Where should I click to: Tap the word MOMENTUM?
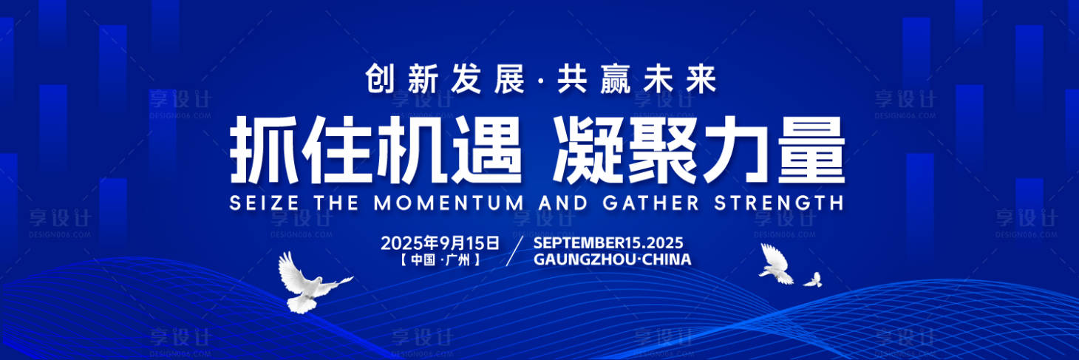[449, 203]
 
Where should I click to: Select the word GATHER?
[651, 203]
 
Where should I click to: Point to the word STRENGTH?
[778, 203]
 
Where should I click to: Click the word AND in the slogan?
[563, 203]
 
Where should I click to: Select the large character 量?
[811, 149]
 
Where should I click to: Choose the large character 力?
[737, 149]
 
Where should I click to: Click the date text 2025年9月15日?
[440, 242]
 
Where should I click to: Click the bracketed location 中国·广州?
[440, 260]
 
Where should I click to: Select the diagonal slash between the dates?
[515, 251]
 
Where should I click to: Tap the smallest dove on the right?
[813, 280]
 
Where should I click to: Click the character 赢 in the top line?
[615, 79]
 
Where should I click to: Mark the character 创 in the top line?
[381, 79]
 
